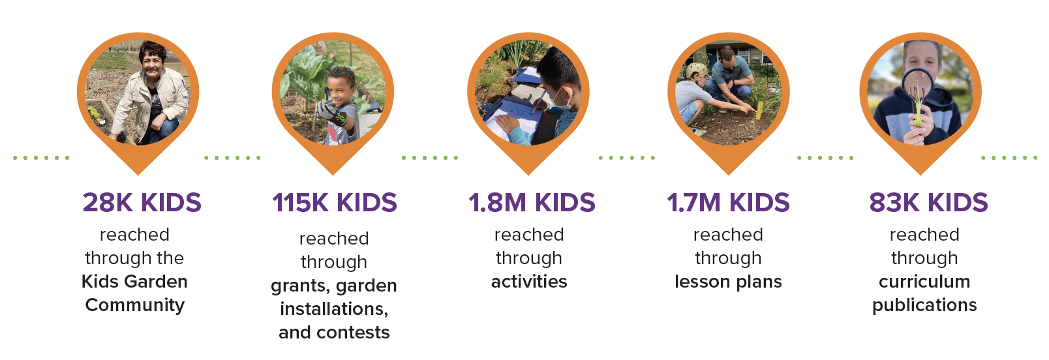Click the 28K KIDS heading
tap(142, 203)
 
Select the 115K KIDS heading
tap(335, 203)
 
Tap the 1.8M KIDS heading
tap(532, 203)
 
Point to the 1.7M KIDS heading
tap(728, 203)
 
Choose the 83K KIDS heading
tap(929, 203)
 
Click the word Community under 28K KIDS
tap(135, 305)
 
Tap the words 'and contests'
tap(334, 333)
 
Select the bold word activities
tap(529, 281)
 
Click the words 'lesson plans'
tap(728, 282)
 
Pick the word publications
tap(924, 305)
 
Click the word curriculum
tap(924, 281)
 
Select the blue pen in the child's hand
tap(540, 99)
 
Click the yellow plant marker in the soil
tap(759, 108)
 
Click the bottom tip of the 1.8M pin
tap(528, 175)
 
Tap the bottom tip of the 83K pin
tap(920, 175)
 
